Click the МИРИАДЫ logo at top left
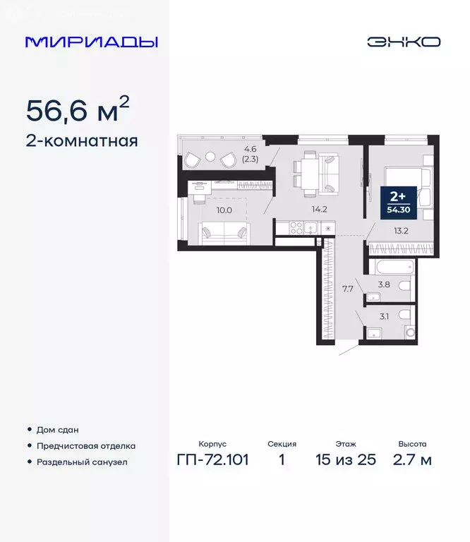pyautogui.click(x=91, y=42)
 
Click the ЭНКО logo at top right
pyautogui.click(x=403, y=42)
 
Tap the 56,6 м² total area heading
pyautogui.click(x=78, y=110)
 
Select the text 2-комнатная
pyautogui.click(x=81, y=140)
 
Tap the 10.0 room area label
pyautogui.click(x=224, y=209)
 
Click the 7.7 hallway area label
pyautogui.click(x=347, y=289)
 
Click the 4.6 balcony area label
pyautogui.click(x=251, y=149)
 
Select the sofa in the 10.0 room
pyautogui.click(x=224, y=231)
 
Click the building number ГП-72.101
pyautogui.click(x=212, y=460)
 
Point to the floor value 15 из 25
pyautogui.click(x=346, y=460)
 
